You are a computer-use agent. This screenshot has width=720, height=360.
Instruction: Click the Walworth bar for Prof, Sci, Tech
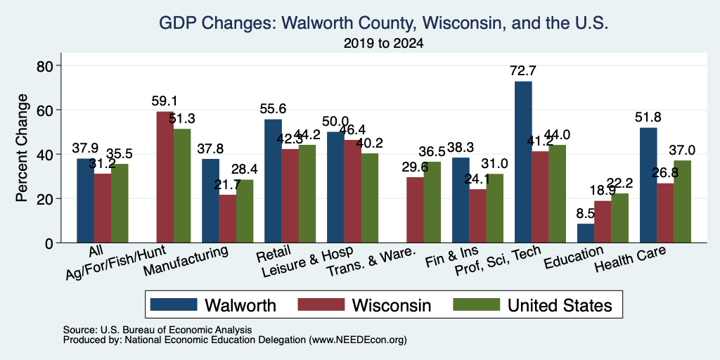point(523,162)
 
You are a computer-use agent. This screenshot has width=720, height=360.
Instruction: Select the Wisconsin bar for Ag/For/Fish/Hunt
point(165,177)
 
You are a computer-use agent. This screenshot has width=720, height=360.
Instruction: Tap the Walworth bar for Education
point(586,233)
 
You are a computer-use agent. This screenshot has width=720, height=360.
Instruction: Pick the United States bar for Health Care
point(682,202)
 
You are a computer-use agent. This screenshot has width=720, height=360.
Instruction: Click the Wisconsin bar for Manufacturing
point(227,219)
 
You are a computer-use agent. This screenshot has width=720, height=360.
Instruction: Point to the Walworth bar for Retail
point(273,181)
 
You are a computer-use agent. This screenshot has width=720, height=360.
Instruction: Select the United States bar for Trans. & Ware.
point(432,202)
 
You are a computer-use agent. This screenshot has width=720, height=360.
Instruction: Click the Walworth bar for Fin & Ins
point(461,200)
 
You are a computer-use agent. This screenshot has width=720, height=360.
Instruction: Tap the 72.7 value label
point(523,71)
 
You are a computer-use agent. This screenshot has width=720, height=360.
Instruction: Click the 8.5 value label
point(586,213)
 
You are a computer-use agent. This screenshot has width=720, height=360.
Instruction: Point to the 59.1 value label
point(165,101)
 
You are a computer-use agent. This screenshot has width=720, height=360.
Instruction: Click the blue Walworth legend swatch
point(174,304)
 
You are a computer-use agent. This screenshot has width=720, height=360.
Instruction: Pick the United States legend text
point(560,305)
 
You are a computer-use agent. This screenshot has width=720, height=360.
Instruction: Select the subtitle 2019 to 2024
point(383,44)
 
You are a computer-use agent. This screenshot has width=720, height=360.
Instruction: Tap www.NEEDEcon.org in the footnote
point(358,340)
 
